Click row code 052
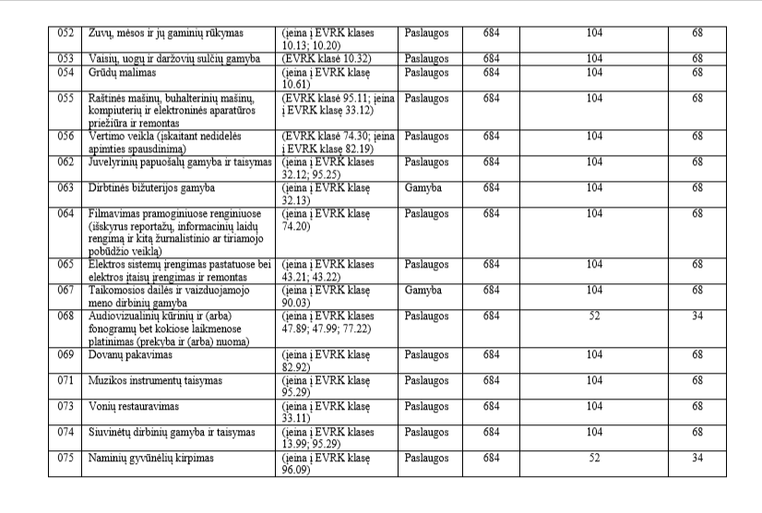click(65, 33)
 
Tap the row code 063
click(65, 187)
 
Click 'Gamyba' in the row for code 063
click(423, 187)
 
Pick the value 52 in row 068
click(594, 316)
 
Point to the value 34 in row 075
click(697, 457)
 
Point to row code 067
click(65, 290)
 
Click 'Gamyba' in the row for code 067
click(423, 290)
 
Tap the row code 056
click(65, 136)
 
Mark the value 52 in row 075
click(594, 457)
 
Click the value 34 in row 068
click(697, 316)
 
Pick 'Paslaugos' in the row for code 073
click(427, 406)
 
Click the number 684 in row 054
click(491, 72)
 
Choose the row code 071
click(65, 380)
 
